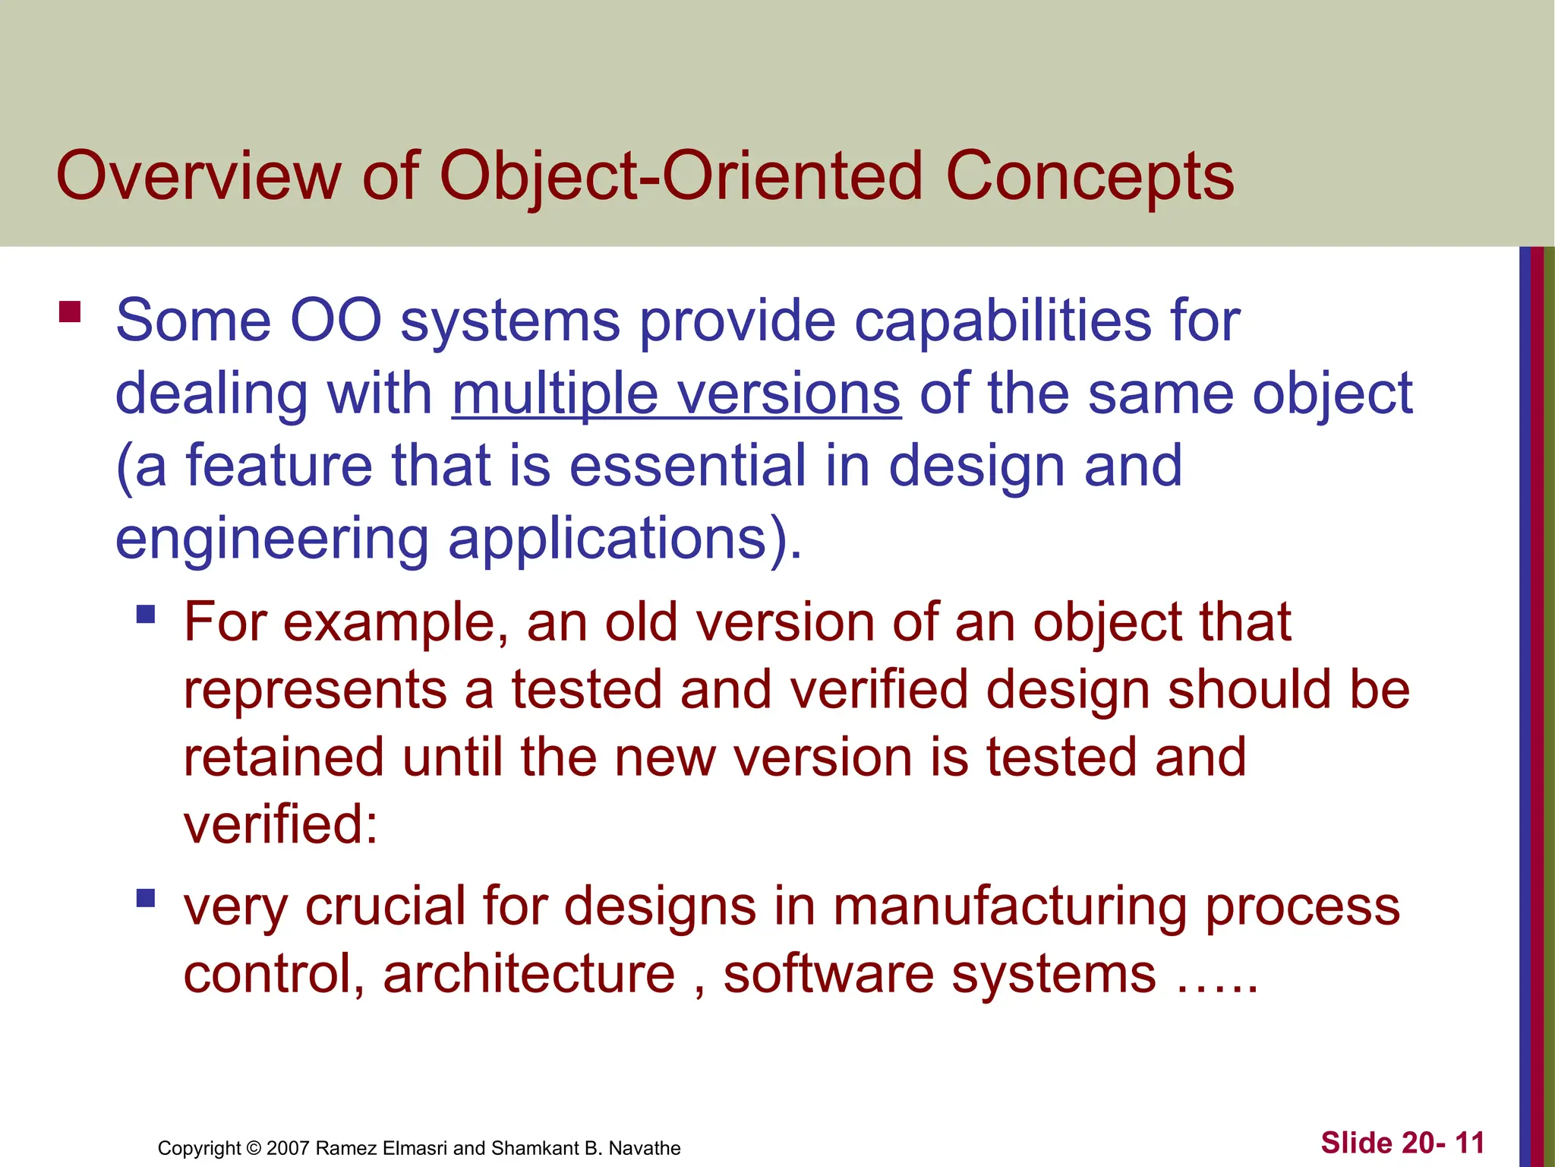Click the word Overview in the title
point(198,176)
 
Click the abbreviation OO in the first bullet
point(336,321)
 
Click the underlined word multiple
point(555,395)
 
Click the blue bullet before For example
point(146,614)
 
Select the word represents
point(315,690)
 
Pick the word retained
point(284,757)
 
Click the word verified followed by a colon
point(280,825)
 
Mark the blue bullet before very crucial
point(146,899)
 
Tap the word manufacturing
point(1010,907)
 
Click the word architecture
point(529,974)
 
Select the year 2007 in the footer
point(289,1148)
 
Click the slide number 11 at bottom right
point(1470,1143)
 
